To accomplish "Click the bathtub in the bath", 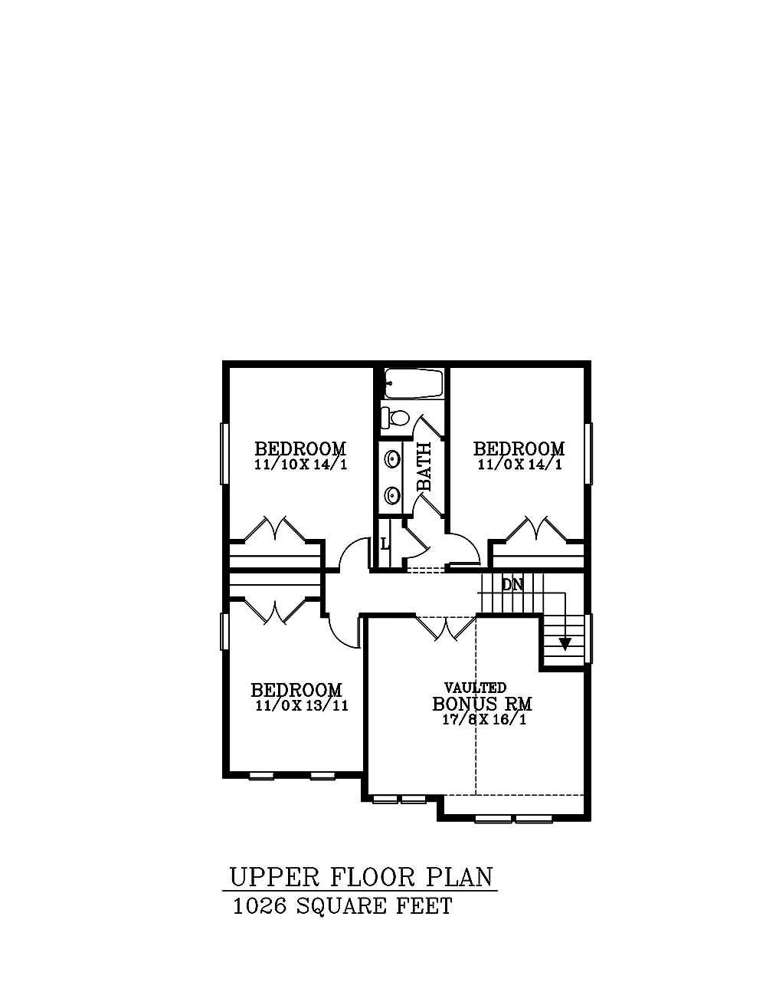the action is [414, 383].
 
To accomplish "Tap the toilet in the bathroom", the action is [396, 417].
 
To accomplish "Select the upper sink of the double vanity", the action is [391, 457].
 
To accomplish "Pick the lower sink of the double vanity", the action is [391, 494].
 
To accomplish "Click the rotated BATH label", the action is [424, 466].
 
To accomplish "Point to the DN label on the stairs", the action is [512, 584].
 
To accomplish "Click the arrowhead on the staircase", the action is [565, 644].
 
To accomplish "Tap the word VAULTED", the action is [475, 687].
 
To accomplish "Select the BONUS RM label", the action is [482, 704].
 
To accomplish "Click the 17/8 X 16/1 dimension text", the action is [484, 720].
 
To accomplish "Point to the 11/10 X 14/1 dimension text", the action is [301, 465].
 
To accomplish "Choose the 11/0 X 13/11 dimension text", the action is [302, 706].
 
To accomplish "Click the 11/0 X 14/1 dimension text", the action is [519, 465].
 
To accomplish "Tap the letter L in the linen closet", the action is [385, 544].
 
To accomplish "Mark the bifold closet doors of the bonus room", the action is [445, 628].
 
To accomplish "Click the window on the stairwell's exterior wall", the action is [589, 639].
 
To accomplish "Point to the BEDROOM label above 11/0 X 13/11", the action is [296, 690].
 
